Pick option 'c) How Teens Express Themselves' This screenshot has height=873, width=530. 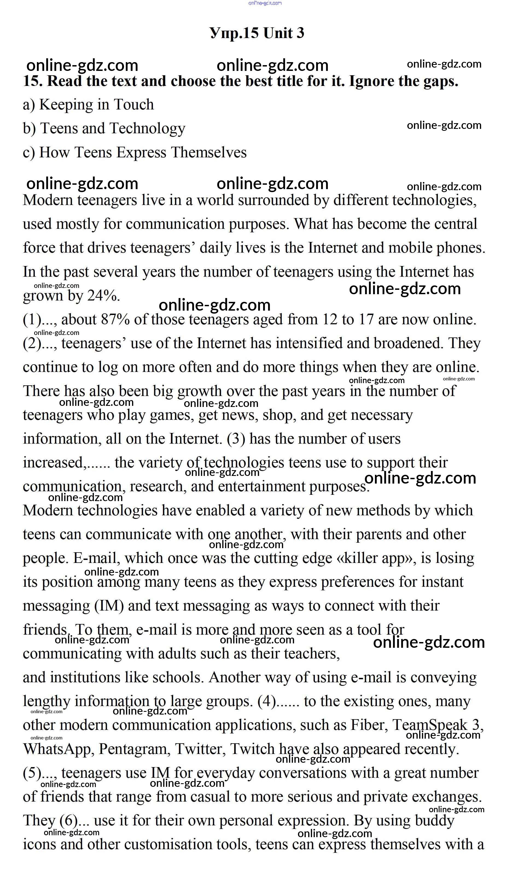[135, 152]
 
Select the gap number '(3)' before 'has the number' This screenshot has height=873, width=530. [236, 439]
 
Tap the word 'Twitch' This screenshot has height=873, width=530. [252, 749]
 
